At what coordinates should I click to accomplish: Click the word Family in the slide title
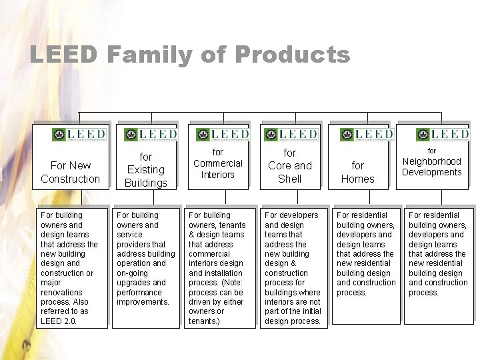(146, 55)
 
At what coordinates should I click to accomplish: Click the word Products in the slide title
(292, 55)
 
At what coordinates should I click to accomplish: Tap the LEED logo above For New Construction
(79, 134)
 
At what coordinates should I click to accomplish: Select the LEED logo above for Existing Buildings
(151, 134)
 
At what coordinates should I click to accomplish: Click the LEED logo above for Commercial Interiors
(223, 134)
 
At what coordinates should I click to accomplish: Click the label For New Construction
(70, 172)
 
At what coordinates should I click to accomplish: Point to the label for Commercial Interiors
(218, 163)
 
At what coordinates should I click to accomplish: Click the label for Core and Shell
(289, 166)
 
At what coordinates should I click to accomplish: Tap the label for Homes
(358, 172)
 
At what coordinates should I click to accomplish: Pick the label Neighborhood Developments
(431, 167)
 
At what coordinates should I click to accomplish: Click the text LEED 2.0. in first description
(59, 321)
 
